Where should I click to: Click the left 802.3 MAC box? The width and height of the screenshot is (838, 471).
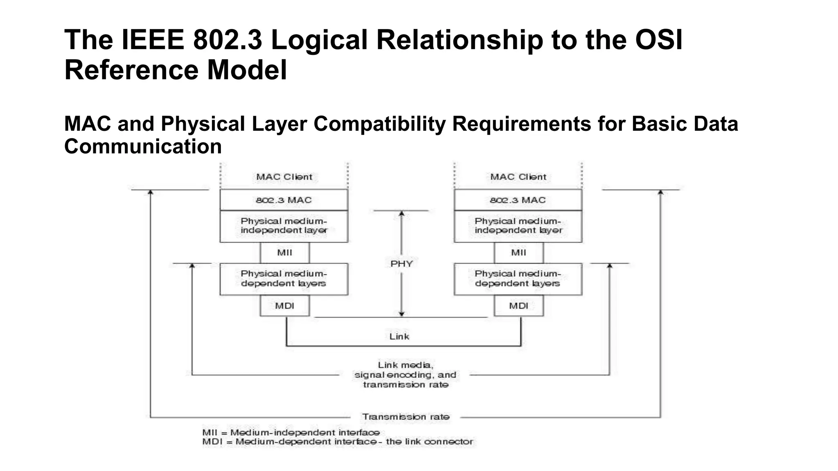[x=284, y=200]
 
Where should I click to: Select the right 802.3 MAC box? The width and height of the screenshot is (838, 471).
[x=518, y=200]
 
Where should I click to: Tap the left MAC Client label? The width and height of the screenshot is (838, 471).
[x=284, y=177]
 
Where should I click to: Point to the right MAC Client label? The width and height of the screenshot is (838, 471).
[x=518, y=177]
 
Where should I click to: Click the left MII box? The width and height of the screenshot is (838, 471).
[x=285, y=253]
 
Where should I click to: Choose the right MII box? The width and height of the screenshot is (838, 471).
[x=518, y=253]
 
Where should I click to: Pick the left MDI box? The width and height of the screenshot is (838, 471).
[x=285, y=306]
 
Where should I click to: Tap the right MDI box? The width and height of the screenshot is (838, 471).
[x=518, y=306]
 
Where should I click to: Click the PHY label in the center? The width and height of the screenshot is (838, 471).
[x=401, y=264]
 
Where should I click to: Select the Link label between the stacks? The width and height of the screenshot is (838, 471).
[x=399, y=336]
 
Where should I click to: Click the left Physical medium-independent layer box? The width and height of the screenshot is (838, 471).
[x=284, y=226]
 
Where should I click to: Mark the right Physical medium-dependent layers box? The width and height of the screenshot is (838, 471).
[x=518, y=279]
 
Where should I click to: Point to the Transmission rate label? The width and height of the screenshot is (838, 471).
[x=405, y=417]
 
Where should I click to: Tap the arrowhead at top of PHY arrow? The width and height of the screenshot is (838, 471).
[x=401, y=213]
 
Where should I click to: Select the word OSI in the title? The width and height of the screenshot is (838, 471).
[x=658, y=40]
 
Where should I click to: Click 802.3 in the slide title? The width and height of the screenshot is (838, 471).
[x=227, y=40]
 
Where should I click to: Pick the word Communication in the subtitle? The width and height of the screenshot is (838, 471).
[x=143, y=146]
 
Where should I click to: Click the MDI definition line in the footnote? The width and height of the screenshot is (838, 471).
[x=337, y=442]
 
